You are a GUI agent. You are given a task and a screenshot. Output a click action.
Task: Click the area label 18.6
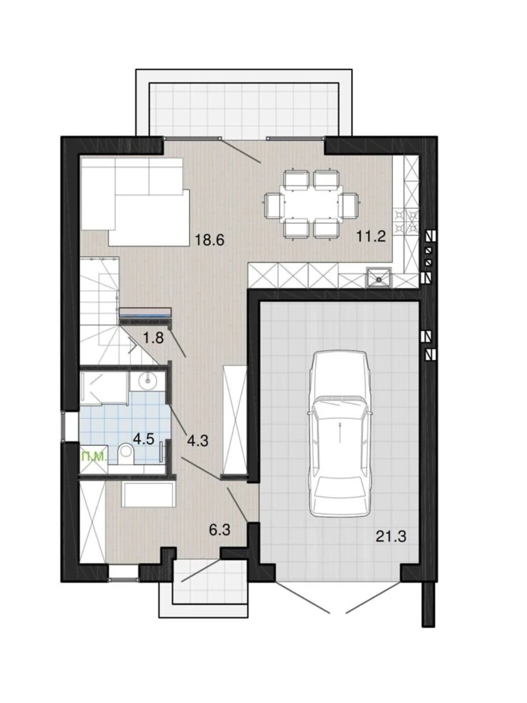[210, 239]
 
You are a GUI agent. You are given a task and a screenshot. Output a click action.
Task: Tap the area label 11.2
[371, 237]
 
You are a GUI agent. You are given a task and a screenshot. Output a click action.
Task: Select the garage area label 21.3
[391, 537]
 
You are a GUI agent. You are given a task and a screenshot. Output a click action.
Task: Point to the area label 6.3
[220, 530]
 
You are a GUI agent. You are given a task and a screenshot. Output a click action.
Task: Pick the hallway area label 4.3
[198, 441]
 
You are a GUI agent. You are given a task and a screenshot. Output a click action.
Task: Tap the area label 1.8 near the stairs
[154, 338]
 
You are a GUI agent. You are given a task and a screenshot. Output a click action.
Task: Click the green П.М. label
[93, 457]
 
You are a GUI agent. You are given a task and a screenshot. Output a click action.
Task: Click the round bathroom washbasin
[148, 380]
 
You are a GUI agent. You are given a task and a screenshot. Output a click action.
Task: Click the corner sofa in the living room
[135, 201]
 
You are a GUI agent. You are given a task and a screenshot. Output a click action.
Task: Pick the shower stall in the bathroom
[104, 388]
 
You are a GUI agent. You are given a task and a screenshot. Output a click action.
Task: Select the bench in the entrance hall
[148, 495]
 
